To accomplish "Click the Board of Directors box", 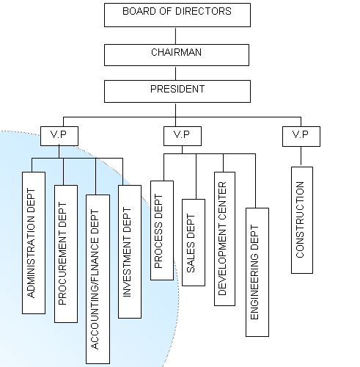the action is pos(177,15).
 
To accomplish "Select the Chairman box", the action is pos(177,55).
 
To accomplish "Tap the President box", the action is pos(177,91).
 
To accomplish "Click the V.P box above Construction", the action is pos(301,137).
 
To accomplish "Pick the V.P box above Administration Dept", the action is pos(59,136).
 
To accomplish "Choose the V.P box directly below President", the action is pos(183,136).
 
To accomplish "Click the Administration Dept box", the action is pos(34,243).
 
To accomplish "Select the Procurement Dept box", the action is pos(66,254).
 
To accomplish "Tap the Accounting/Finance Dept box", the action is pos(98,279).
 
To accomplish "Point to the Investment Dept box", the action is pos(130,252).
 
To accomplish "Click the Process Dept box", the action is pos(162,230).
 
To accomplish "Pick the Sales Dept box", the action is pos(194,242).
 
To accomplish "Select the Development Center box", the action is pos(224,239).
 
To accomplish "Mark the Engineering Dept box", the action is pos(257,272).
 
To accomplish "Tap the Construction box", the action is pos(302,220).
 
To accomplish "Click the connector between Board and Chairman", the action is pos(175,36).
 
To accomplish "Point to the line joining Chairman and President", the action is pos(175,73).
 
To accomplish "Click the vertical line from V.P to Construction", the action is pos(301,156).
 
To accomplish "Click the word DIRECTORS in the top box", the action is pos(203,11).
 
